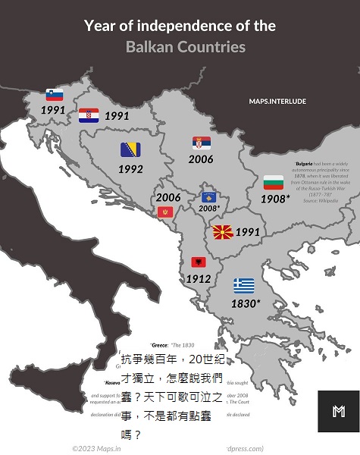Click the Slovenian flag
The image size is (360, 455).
point(55,95)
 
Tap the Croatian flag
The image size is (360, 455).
point(89,115)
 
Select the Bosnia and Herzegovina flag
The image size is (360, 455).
point(130,149)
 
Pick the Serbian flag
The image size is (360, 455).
point(202,143)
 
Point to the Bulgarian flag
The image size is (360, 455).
point(273,183)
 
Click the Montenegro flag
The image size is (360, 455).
point(164,212)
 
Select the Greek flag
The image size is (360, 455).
point(244,286)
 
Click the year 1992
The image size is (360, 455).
point(130,169)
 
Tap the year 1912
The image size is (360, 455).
point(198,278)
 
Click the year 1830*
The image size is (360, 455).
point(246,303)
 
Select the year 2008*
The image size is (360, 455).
point(209,208)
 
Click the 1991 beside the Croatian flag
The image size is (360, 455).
point(117,116)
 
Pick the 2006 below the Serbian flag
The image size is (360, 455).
point(201,159)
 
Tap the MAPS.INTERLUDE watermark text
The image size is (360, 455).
point(277,101)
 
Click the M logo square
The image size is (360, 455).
point(339,411)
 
